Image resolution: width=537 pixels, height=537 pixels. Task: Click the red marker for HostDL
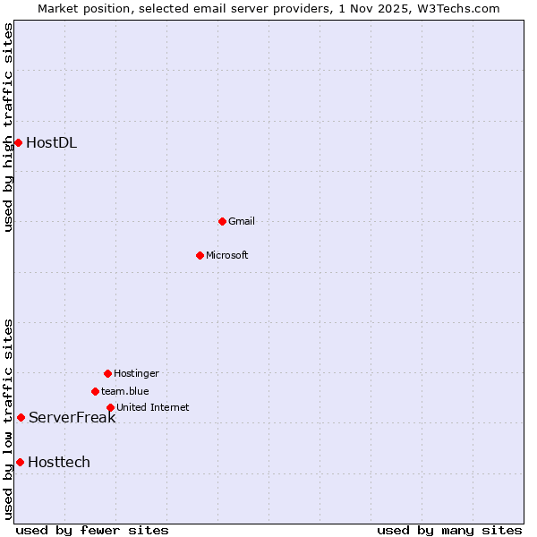18,142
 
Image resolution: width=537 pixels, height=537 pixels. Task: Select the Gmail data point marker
222,221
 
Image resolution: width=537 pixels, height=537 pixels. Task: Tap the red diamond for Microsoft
200,255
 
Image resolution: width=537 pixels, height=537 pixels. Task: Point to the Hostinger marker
107,373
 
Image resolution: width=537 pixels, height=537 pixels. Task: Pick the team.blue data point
95,391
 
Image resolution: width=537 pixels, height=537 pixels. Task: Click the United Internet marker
110,407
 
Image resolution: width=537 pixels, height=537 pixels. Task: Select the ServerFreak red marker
21,417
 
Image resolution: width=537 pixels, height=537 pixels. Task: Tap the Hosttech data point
20,462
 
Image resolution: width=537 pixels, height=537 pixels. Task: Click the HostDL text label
51,142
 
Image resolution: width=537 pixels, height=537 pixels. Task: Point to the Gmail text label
242,221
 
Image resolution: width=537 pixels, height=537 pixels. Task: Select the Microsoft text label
227,255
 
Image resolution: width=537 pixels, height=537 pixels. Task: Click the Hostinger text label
136,373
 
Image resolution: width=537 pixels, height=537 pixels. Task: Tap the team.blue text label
125,391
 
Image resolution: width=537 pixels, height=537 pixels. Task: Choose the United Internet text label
153,407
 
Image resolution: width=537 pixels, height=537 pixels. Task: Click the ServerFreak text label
72,417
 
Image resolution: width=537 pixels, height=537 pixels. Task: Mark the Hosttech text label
59,462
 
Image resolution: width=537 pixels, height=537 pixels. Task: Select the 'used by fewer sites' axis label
92,530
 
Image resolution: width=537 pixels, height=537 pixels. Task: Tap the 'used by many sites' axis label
449,530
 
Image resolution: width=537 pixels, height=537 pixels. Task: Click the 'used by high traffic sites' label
8,127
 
